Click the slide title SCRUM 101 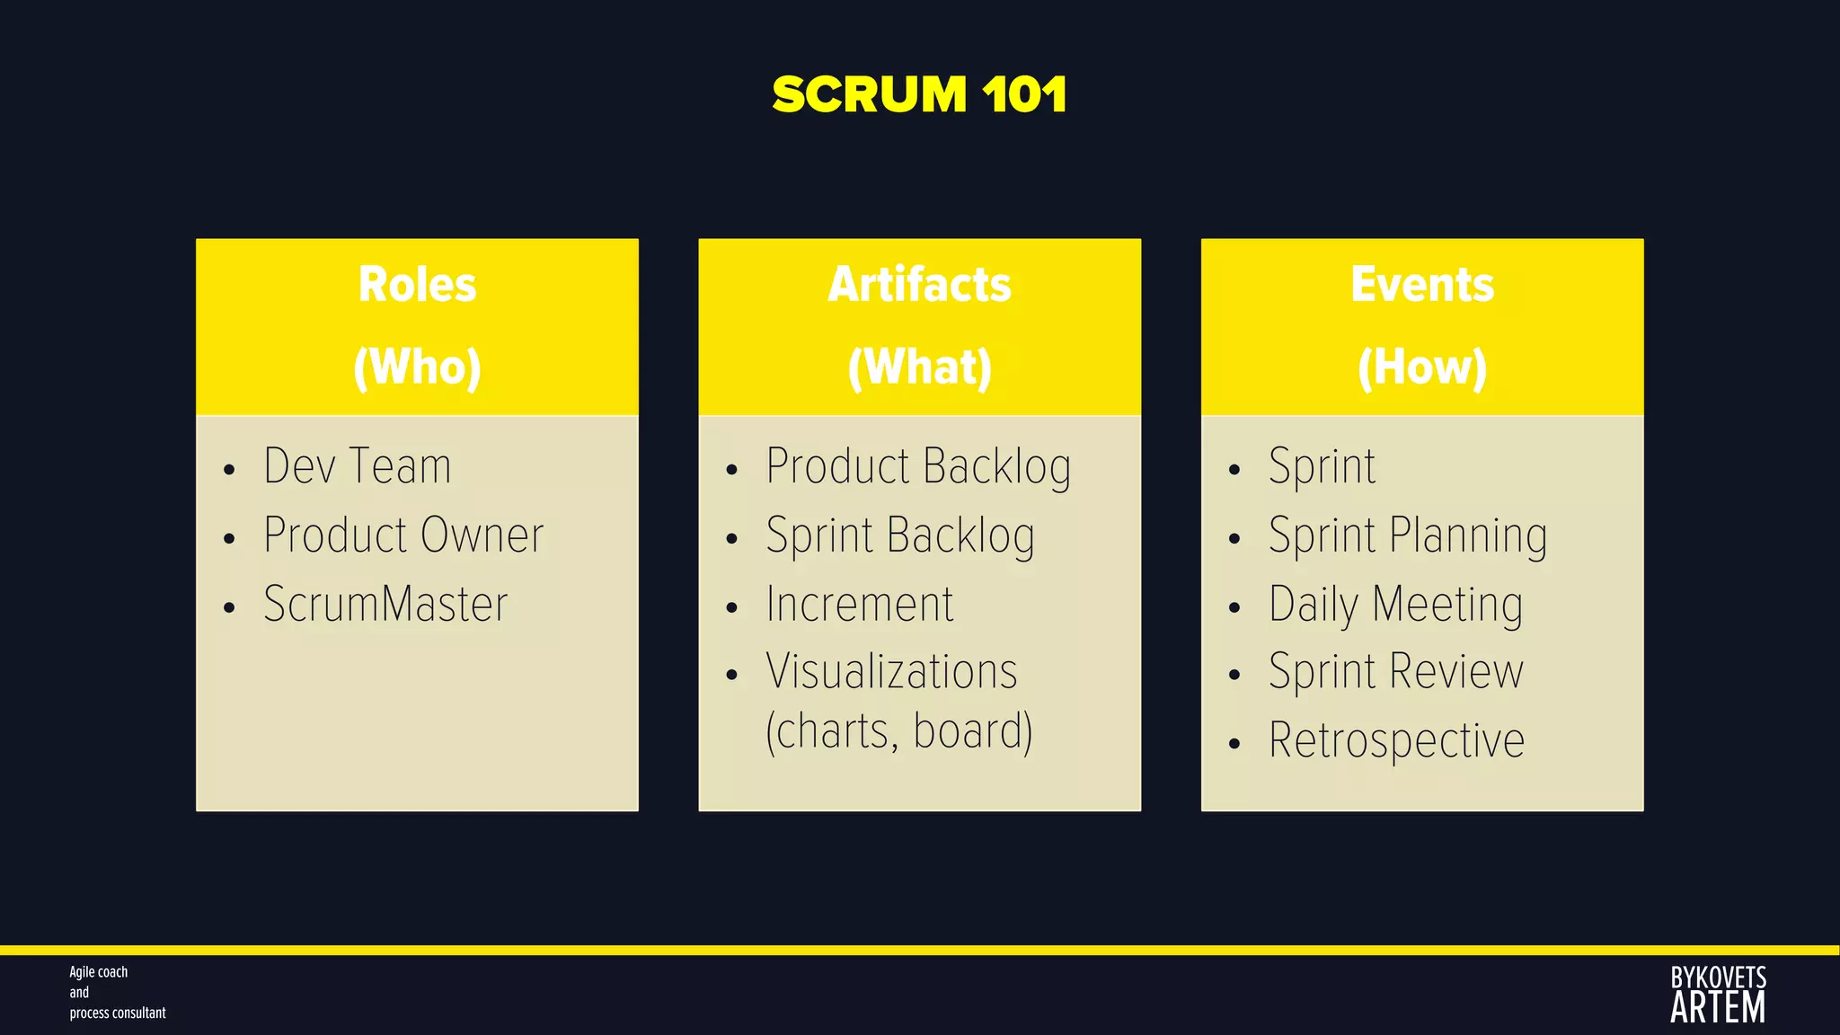pos(919,94)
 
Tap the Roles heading pos(417,285)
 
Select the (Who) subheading pos(417,367)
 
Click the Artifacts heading pos(919,285)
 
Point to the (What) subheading pos(919,367)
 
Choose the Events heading pos(1422,285)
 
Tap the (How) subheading pos(1422,367)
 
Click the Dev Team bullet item pos(357,466)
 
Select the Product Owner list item pos(403,535)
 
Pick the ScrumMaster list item pos(385,604)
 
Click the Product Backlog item pos(918,467)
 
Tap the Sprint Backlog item pos(900,536)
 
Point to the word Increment pos(860,604)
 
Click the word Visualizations pos(891,672)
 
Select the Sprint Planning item pos(1408,536)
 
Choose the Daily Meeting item pos(1395,605)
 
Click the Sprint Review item pos(1396,672)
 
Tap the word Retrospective pos(1396,741)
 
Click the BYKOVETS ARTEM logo pos(1718,995)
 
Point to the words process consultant pos(118,1013)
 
